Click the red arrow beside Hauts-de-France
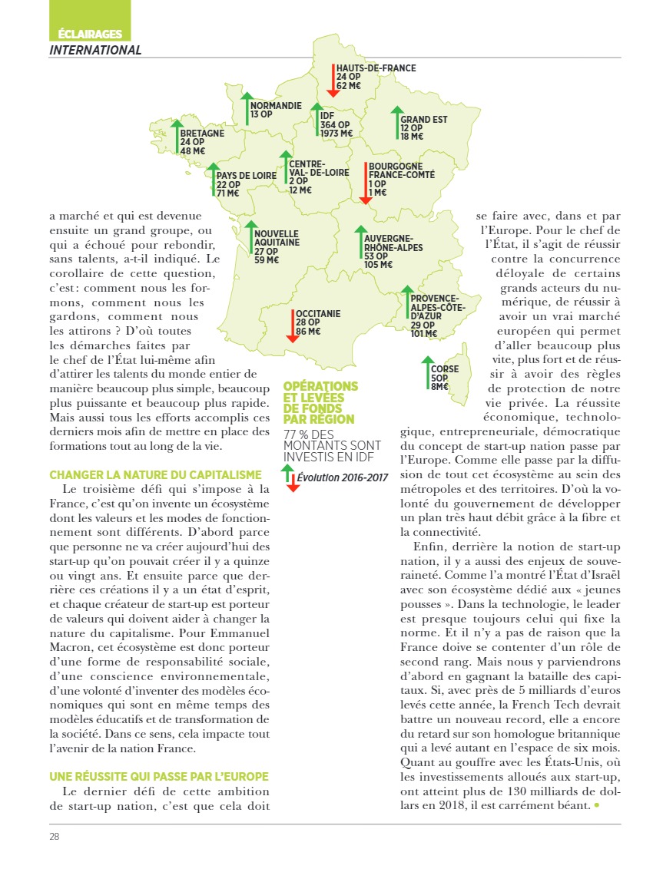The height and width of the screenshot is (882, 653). click(331, 80)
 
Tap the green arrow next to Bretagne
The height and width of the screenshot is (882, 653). click(176, 137)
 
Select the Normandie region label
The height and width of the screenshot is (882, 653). click(276, 105)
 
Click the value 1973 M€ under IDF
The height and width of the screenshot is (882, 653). click(336, 134)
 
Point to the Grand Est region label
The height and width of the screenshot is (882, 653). click(423, 120)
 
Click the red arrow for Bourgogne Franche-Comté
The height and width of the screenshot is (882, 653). click(365, 183)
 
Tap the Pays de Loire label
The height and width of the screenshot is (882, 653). click(246, 176)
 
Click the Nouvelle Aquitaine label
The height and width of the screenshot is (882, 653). click(277, 238)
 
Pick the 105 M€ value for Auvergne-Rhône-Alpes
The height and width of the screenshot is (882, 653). click(378, 265)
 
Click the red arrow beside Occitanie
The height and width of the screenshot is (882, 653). click(292, 325)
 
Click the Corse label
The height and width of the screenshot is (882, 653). click(445, 369)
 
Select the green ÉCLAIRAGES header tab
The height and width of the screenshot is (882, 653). click(90, 34)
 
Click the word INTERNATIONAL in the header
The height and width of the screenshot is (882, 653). click(95, 50)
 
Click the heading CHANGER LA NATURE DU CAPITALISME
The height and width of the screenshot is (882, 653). click(155, 475)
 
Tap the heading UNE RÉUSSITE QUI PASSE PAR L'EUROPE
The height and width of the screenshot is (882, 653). click(159, 776)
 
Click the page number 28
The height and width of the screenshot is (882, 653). click(55, 836)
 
